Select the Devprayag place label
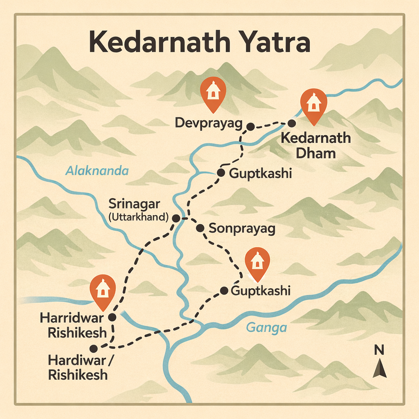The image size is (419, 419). click(209, 122)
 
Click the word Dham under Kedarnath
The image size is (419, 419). click(316, 153)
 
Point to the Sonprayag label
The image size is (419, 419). click(242, 228)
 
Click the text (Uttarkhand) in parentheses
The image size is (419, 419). click(140, 217)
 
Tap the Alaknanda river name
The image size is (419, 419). click(97, 171)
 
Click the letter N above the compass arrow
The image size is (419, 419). click(379, 350)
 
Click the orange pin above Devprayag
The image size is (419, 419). click(212, 93)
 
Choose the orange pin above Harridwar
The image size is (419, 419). click(102, 291)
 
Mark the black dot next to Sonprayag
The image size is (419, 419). click(200, 228)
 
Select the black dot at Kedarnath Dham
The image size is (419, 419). click(292, 123)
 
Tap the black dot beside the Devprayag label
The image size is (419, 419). click(250, 126)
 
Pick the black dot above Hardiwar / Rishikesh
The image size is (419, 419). click(94, 348)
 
